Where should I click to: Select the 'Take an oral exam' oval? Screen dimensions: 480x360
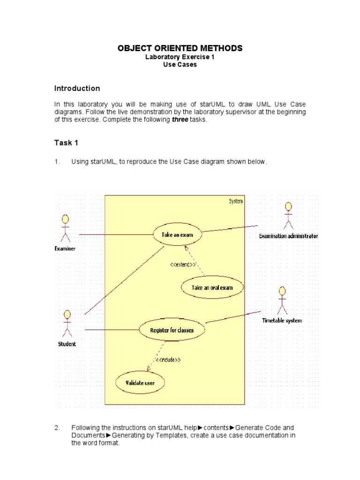click(x=212, y=287)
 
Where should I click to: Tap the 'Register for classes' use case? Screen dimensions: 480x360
click(x=172, y=330)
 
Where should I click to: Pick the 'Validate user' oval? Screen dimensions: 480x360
click(x=140, y=383)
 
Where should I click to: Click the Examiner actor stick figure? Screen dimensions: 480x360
click(x=65, y=228)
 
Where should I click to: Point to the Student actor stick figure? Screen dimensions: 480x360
click(x=67, y=323)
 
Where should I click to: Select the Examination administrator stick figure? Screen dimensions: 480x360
click(x=288, y=216)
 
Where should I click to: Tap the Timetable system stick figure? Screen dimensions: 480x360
click(x=282, y=300)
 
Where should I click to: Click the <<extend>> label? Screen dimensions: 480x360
click(x=183, y=265)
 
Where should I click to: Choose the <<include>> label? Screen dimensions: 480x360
click(x=167, y=360)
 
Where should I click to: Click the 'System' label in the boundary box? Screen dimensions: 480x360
click(x=236, y=201)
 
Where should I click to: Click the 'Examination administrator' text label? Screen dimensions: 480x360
click(x=288, y=236)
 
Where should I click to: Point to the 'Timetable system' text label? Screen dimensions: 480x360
click(x=282, y=321)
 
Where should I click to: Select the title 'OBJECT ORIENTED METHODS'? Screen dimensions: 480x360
click(x=180, y=48)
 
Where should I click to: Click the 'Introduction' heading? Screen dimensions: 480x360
click(x=77, y=88)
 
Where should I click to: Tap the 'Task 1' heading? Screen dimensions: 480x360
click(x=66, y=142)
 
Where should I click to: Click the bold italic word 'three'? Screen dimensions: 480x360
click(x=180, y=120)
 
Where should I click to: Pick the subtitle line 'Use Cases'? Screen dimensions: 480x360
click(x=180, y=65)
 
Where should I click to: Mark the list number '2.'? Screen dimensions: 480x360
click(x=57, y=427)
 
